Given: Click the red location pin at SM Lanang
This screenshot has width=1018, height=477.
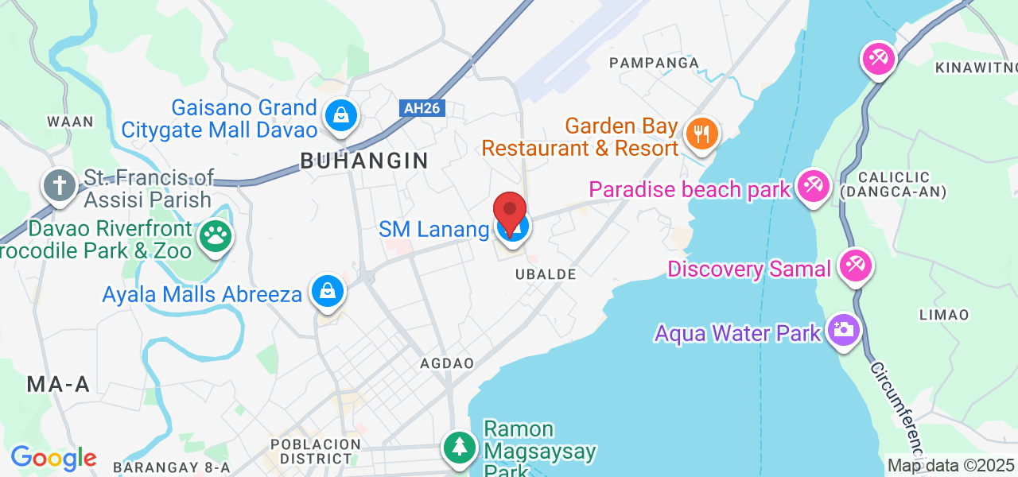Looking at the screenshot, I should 510,211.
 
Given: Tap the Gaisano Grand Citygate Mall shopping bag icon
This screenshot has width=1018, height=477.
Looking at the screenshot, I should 341,116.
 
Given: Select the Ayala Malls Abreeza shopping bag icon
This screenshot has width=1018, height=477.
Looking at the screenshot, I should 327,291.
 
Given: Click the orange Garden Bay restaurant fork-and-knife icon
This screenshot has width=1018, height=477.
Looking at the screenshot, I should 701,133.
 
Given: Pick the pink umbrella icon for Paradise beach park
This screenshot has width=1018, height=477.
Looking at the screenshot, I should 813,188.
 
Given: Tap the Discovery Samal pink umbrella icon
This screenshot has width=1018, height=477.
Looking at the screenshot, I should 855,266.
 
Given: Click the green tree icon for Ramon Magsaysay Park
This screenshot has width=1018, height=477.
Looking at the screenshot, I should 459,446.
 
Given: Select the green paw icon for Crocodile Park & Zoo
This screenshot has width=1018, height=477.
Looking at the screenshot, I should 216,236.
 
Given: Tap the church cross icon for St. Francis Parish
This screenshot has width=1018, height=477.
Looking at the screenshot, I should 59,186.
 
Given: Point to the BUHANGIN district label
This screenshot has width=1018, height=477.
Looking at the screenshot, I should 364,161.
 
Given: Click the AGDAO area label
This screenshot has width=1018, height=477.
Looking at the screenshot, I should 447,363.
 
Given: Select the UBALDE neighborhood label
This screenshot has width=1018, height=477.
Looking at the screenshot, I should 545,273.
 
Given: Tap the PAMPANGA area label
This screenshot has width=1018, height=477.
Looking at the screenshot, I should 654,62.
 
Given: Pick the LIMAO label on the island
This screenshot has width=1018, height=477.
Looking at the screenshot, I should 944,315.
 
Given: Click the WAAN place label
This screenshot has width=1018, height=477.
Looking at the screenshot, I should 70,122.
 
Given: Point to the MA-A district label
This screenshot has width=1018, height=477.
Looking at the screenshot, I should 58,385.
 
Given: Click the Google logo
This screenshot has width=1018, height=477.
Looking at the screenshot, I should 53,458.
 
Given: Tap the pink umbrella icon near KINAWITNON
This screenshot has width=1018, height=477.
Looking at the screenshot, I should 879,60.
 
